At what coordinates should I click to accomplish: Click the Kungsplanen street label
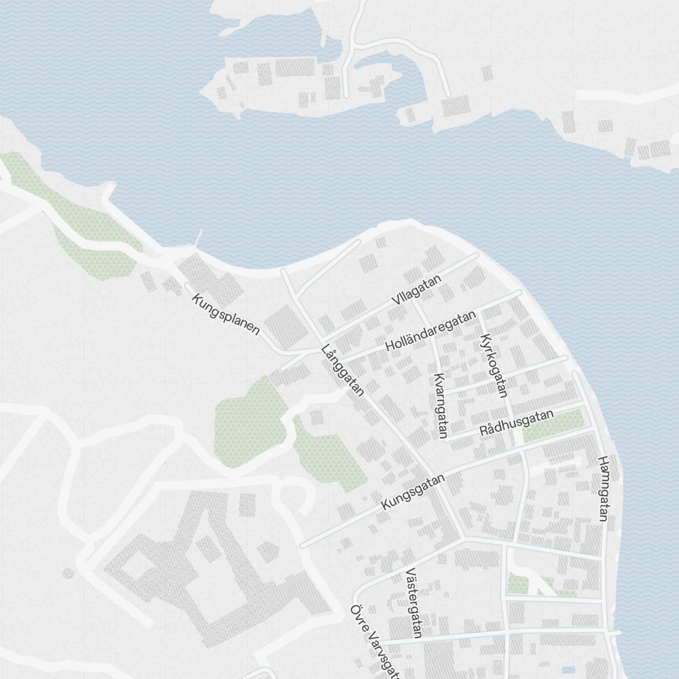click(226, 314)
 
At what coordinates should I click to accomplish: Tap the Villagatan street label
click(416, 290)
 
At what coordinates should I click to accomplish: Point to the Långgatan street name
click(344, 371)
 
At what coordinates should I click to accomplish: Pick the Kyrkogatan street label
click(494, 365)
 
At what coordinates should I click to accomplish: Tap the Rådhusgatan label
click(516, 423)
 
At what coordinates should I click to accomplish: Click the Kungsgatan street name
click(413, 492)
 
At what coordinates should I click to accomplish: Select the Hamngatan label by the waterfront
click(602, 488)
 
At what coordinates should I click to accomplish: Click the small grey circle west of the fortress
click(68, 573)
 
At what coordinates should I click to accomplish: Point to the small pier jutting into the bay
click(199, 238)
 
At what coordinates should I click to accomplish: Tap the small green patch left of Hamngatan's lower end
click(519, 583)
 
